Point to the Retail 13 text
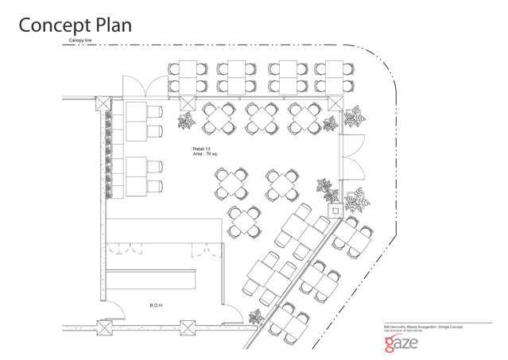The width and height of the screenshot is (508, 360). [x=201, y=149]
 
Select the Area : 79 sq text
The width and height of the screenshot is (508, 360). [x=206, y=156]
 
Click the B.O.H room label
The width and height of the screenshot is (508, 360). [x=157, y=304]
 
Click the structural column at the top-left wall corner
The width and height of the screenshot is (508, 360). [x=102, y=103]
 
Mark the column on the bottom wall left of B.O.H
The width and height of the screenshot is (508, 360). [x=102, y=327]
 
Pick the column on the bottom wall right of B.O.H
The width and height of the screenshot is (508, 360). [x=188, y=327]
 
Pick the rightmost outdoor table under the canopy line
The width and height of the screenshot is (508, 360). [x=330, y=76]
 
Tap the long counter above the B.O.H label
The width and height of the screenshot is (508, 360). [x=152, y=280]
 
